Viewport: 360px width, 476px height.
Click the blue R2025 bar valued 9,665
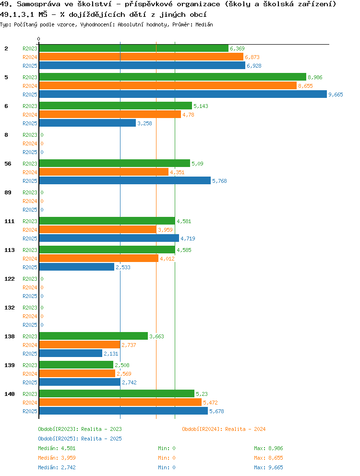(x=182, y=94)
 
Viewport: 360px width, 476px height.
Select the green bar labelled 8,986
(x=172, y=77)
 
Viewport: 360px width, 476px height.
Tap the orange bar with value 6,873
(x=141, y=57)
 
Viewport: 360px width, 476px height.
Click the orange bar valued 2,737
(x=79, y=345)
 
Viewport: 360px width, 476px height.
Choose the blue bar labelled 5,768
(x=125, y=180)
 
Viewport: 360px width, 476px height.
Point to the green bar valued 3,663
(x=93, y=336)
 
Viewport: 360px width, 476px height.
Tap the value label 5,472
(x=211, y=403)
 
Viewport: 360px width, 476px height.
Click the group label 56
(x=8, y=164)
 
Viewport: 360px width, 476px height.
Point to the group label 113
(x=9, y=250)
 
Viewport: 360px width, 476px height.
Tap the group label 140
(x=9, y=394)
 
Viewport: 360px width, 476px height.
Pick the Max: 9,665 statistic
(x=268, y=467)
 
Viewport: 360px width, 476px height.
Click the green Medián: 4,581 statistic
(x=57, y=448)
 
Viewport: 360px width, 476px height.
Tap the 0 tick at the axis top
(x=39, y=39)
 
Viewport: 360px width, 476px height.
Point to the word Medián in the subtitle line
(x=204, y=24)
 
